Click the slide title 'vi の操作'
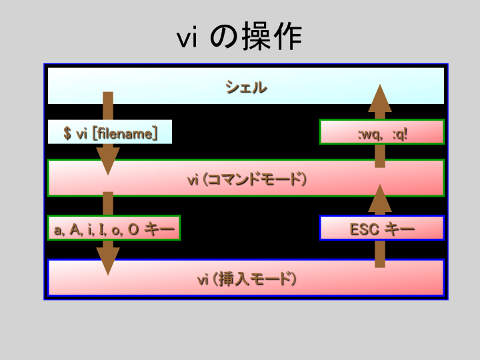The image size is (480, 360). tap(239, 37)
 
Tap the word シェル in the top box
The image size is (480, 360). tap(246, 87)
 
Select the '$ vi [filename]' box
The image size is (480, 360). tap(110, 132)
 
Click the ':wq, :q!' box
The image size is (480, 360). tap(382, 131)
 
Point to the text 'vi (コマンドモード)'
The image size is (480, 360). tap(247, 179)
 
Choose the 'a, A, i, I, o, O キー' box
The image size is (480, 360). tap(114, 228)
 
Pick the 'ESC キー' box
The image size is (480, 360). tap(382, 228)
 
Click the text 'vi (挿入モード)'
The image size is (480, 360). tap(247, 279)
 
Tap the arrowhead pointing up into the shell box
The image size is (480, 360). tap(380, 98)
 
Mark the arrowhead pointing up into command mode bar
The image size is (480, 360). tap(380, 198)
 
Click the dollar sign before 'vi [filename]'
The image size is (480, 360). tap(67, 133)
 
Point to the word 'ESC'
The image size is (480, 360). tap(365, 229)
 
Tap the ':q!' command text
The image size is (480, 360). tap(400, 134)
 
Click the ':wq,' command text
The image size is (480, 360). tap(371, 135)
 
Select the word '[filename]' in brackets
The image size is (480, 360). tap(125, 133)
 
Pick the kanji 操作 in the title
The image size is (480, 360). tap(272, 37)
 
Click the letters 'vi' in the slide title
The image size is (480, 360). tap(187, 39)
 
